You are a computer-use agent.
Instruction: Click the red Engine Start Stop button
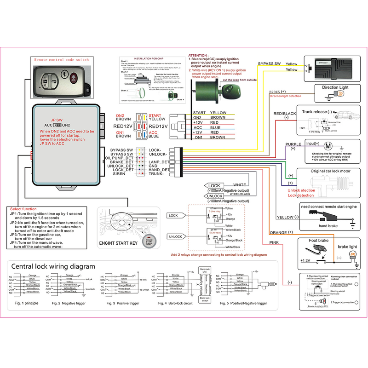pyautogui.click(x=149, y=242)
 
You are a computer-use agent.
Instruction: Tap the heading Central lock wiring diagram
pyautogui.click(x=53, y=266)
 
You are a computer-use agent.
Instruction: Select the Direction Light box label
pyautogui.click(x=335, y=87)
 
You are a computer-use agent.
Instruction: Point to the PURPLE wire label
pyautogui.click(x=293, y=144)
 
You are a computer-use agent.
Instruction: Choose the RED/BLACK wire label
pyautogui.click(x=285, y=113)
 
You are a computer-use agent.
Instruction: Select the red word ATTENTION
pyautogui.click(x=198, y=55)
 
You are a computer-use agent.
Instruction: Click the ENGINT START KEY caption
pyautogui.click(x=118, y=243)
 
